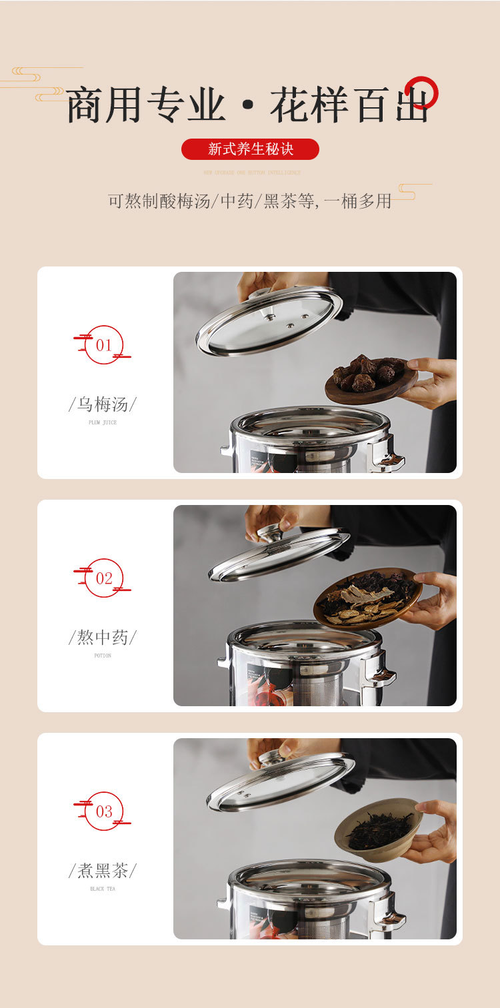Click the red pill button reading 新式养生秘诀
[x=250, y=149]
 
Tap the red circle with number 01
[x=104, y=344]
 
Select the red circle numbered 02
[x=104, y=578]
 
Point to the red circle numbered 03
[x=104, y=811]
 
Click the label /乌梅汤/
[x=103, y=404]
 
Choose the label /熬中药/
[x=103, y=638]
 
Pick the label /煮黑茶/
[x=103, y=871]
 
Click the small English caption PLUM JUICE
[x=103, y=422]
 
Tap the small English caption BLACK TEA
[x=103, y=889]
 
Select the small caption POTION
[x=103, y=656]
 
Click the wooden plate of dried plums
[x=371, y=380]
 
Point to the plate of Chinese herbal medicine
[x=367, y=598]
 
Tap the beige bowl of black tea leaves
[x=378, y=829]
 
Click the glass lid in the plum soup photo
[x=269, y=320]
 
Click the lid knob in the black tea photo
[x=273, y=757]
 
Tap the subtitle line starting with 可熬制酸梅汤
[x=249, y=201]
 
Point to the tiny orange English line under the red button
[x=252, y=173]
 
